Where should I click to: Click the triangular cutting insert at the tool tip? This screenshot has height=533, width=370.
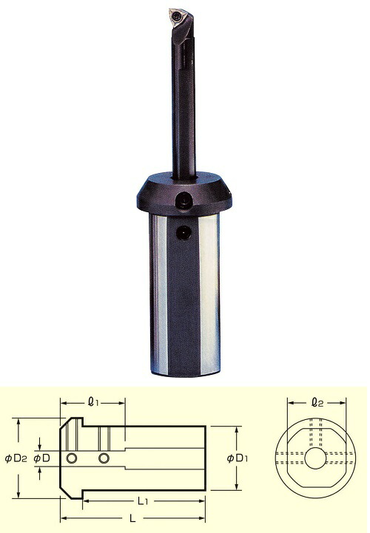click(178, 18)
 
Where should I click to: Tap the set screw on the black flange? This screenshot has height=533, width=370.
click(184, 200)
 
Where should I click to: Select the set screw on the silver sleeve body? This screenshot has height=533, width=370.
click(184, 233)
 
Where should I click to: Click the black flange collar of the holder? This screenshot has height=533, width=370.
click(184, 194)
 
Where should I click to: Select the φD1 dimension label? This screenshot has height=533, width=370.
click(238, 458)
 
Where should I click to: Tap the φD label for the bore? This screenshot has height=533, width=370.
click(42, 458)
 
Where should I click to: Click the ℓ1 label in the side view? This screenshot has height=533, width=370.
click(93, 403)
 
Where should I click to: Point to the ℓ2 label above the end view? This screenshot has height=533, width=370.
click(317, 403)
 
